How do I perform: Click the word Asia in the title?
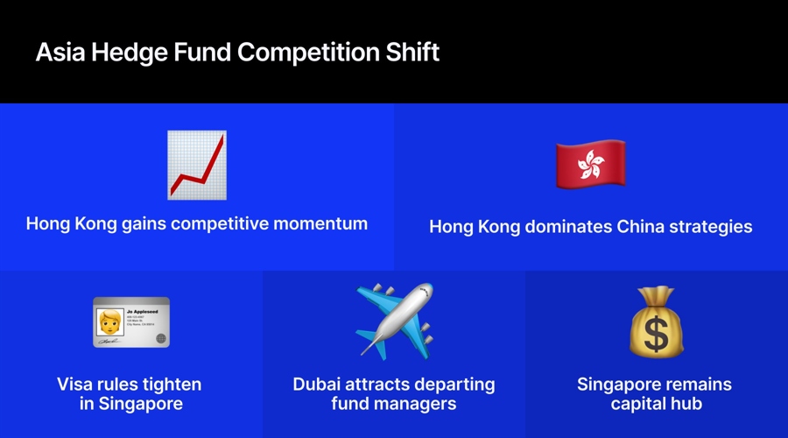click(60, 53)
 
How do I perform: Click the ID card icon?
click(131, 322)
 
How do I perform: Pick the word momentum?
click(325, 223)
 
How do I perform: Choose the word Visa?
click(77, 385)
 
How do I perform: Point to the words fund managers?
click(394, 404)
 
